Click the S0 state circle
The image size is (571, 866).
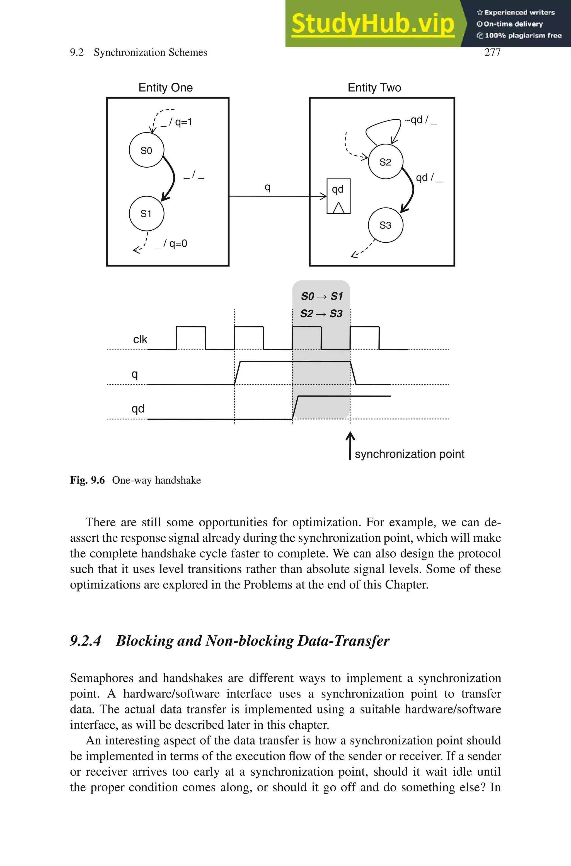click(x=146, y=150)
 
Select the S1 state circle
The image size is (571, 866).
click(x=146, y=213)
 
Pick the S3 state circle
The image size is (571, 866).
click(x=385, y=225)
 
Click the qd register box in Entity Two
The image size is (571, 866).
click(x=338, y=196)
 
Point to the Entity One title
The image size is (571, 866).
click(x=166, y=87)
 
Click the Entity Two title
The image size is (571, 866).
click(x=374, y=87)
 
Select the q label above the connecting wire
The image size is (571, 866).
click(x=267, y=187)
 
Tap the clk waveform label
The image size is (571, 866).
click(x=140, y=339)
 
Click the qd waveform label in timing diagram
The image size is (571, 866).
click(x=138, y=409)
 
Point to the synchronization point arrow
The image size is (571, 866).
click(x=350, y=445)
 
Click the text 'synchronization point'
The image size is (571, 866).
click(x=409, y=454)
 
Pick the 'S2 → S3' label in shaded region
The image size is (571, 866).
click(x=321, y=313)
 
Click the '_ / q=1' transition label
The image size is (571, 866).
click(x=176, y=122)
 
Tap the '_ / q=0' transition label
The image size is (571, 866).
click(x=171, y=244)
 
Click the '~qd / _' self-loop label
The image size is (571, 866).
click(x=421, y=120)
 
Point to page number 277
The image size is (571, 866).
click(x=492, y=52)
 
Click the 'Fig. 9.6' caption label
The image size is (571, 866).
click(x=87, y=480)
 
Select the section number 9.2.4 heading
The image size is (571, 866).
click(x=86, y=641)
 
